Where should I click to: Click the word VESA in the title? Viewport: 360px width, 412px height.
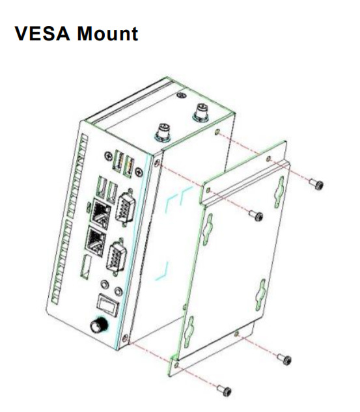coord(42,33)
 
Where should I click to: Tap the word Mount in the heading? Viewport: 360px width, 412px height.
coord(107,33)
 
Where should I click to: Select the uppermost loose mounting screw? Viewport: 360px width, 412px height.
coord(316,184)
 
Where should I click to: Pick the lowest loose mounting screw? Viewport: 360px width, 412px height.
coord(225,391)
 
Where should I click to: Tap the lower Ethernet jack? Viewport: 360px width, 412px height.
coord(95,241)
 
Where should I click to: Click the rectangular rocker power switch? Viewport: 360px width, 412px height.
coord(107,305)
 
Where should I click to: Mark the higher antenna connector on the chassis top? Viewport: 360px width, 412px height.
coord(201,112)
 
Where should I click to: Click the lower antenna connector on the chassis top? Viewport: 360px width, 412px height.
coord(163,132)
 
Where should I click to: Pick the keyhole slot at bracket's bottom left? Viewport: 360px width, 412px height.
coord(189,331)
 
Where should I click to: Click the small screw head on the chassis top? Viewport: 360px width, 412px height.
coord(181,96)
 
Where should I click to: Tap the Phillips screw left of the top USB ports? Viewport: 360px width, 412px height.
coord(108,156)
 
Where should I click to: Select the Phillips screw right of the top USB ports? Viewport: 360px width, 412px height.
coord(139,172)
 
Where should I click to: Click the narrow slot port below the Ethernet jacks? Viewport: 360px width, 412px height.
coord(86,266)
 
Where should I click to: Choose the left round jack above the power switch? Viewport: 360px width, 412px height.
coord(105,284)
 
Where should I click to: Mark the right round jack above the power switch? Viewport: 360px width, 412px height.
coord(118,291)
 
